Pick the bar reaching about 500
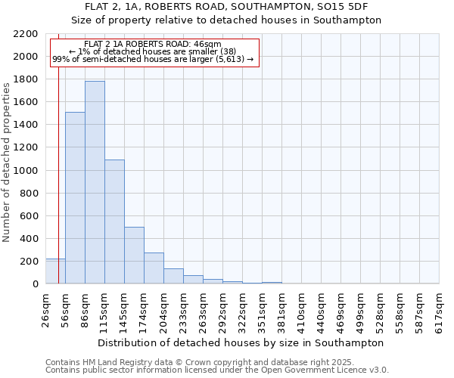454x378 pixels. click(134, 256)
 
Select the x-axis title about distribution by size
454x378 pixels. click(241, 342)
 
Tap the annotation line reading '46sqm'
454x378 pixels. click(154, 45)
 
